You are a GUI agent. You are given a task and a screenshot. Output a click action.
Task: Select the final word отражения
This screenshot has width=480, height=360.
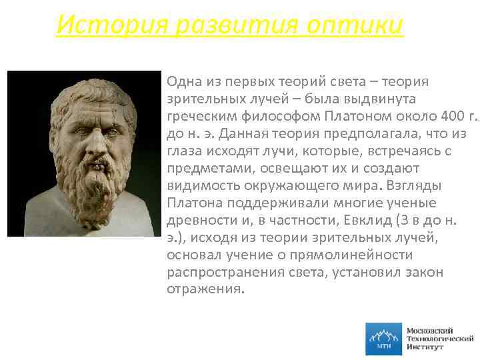pos(205,290)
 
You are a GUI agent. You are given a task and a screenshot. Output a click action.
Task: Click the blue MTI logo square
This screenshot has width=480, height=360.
pos(384,339)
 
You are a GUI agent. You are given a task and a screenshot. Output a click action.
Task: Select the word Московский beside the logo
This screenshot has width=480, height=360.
pos(430,330)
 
